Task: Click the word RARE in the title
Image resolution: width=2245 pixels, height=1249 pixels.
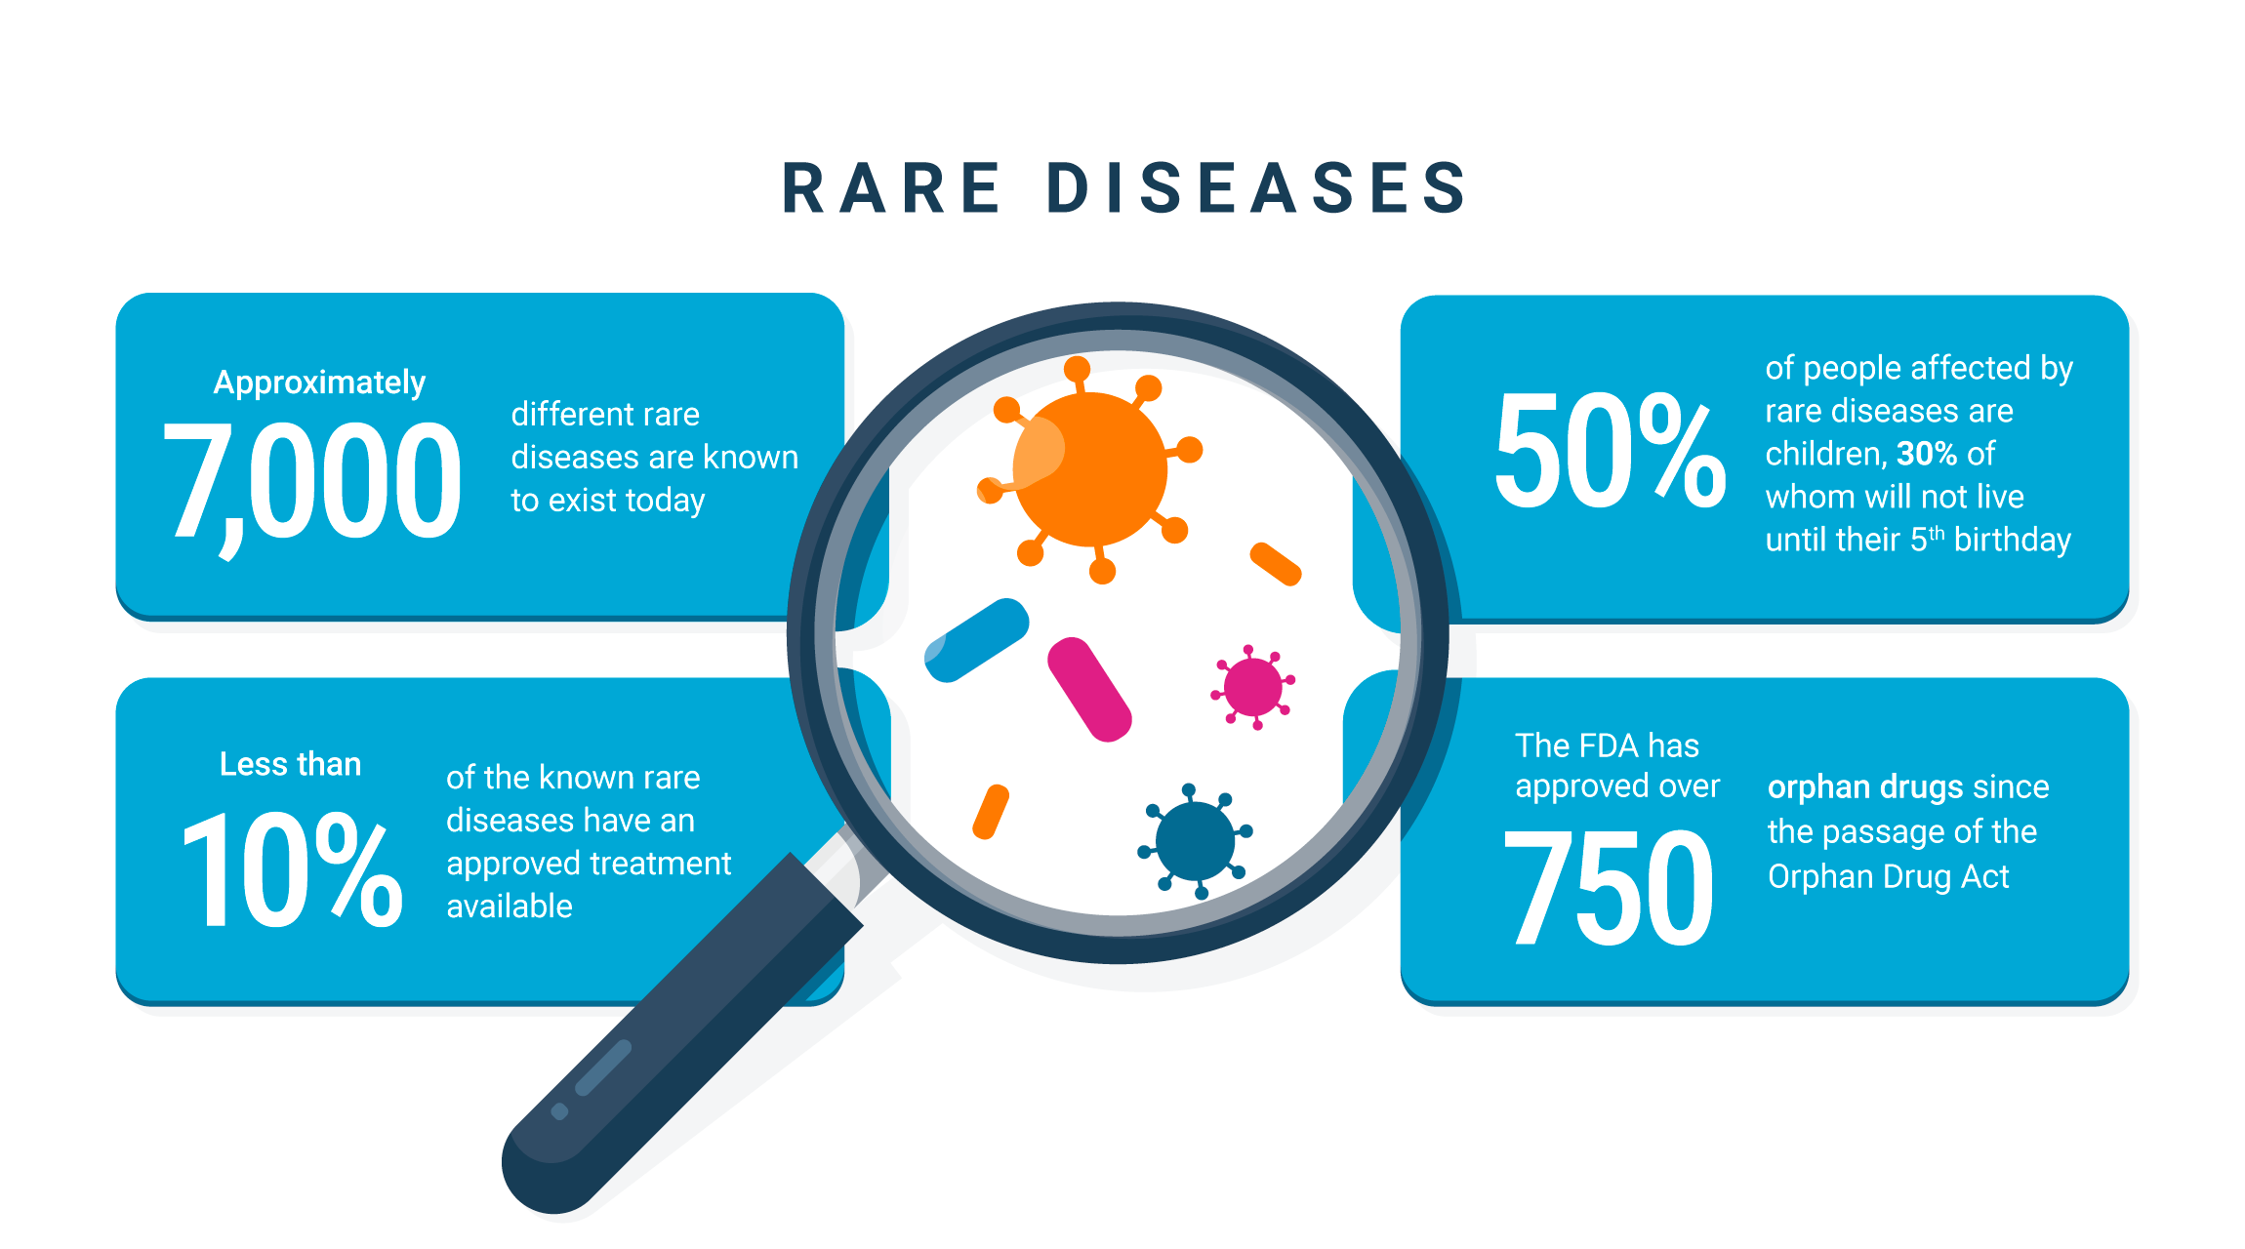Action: pos(891,187)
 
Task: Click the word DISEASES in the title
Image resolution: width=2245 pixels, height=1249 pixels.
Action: pos(1257,187)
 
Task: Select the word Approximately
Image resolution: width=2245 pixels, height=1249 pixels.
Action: pos(319,383)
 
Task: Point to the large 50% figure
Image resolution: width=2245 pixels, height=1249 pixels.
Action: pos(1609,451)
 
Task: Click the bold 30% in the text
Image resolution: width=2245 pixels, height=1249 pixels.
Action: pos(1926,454)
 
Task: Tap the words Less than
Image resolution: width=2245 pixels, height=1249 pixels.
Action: pos(290,764)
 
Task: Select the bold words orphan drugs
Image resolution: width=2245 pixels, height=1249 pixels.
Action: pos(1864,786)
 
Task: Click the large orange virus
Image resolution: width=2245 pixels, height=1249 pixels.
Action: pos(1090,469)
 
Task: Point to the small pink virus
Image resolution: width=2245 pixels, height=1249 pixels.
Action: pos(1252,687)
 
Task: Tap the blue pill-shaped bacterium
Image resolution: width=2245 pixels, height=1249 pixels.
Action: pos(976,640)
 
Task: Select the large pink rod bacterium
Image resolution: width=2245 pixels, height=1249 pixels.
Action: pos(1089,689)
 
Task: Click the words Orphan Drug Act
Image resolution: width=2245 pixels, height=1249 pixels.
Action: pos(1888,876)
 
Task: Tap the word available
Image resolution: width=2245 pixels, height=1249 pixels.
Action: pos(510,907)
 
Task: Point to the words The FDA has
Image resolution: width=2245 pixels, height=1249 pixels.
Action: pos(1607,745)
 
